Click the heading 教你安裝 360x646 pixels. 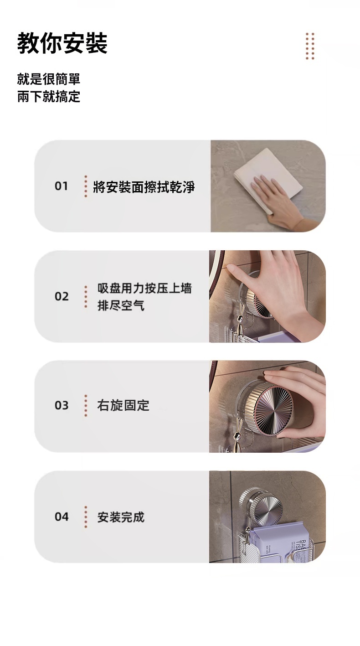(62, 43)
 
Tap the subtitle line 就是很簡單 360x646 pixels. (48, 79)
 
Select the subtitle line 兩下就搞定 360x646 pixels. (48, 96)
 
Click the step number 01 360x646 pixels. (62, 186)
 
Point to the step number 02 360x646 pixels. (62, 296)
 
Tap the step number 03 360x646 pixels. (62, 405)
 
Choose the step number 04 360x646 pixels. (62, 517)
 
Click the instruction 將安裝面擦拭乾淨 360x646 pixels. (144, 187)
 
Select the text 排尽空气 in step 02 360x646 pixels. (121, 305)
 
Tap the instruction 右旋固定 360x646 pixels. (123, 405)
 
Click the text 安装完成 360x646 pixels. (121, 517)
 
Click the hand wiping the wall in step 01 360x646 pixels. (281, 202)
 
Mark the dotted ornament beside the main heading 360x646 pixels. (310, 46)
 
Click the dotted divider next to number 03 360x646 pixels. (86, 405)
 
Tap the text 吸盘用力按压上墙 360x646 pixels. (144, 288)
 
